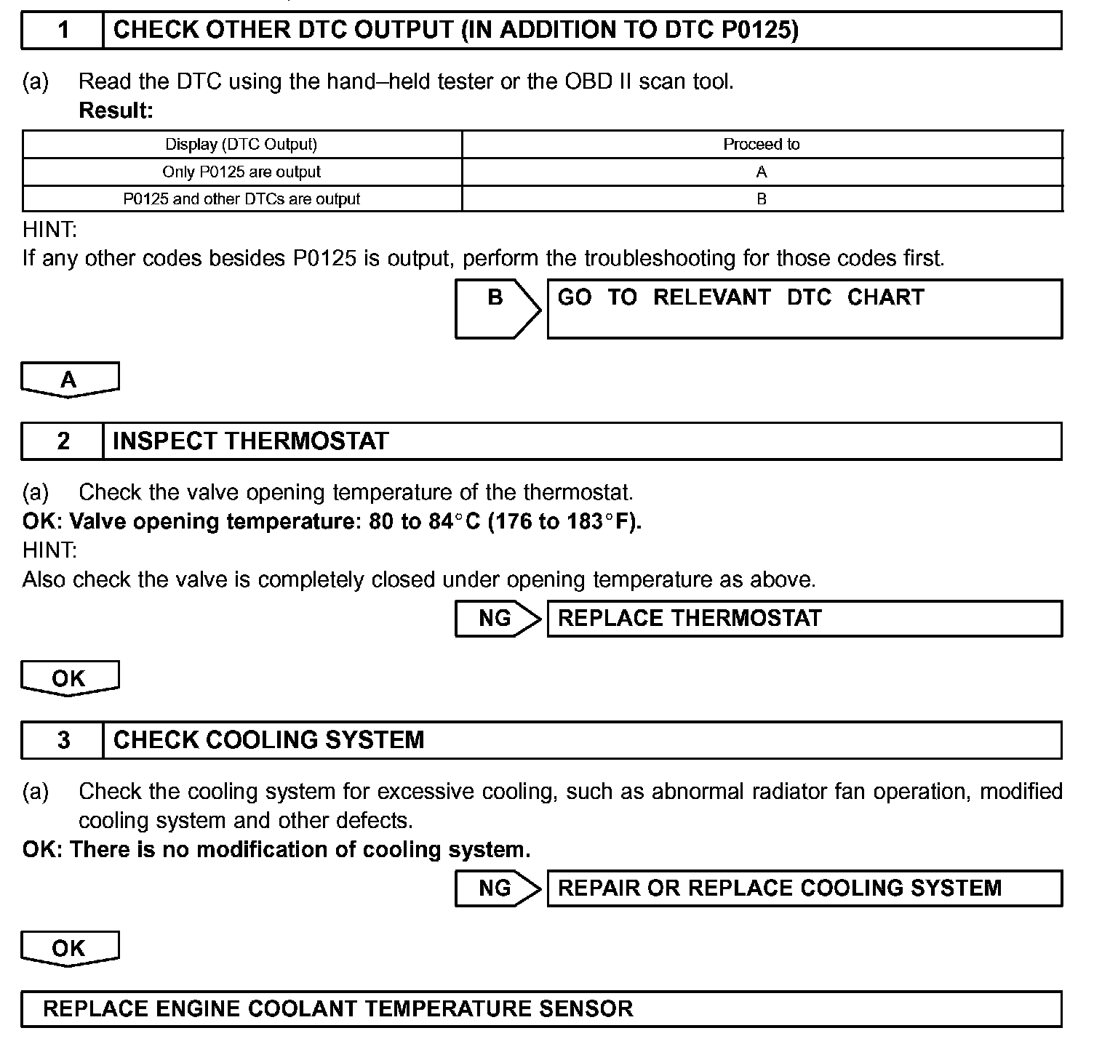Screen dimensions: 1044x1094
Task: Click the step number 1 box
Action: (63, 31)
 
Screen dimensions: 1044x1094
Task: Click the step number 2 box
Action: (63, 441)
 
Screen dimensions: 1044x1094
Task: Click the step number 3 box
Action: (63, 740)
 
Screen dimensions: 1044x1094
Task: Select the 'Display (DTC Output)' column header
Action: (241, 144)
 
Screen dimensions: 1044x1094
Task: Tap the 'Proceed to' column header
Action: (761, 144)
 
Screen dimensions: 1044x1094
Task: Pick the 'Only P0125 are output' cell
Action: (241, 172)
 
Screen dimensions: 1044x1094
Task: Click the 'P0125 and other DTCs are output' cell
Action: (241, 199)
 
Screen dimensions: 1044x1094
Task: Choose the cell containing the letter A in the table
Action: (761, 172)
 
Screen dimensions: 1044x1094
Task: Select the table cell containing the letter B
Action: (761, 199)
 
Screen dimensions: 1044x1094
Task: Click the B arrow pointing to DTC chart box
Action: (496, 308)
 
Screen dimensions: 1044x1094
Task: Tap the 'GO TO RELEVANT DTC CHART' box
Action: (804, 308)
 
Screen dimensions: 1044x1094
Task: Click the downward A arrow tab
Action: (69, 380)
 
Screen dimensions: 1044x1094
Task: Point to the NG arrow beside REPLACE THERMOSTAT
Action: (497, 619)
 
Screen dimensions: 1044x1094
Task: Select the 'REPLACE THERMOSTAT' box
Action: (804, 619)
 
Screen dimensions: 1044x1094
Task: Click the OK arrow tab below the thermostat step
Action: (69, 678)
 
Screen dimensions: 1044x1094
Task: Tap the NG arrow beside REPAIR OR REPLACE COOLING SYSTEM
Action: (497, 888)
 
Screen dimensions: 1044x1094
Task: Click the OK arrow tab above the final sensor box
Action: (69, 948)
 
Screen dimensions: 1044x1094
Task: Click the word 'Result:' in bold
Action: (116, 111)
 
